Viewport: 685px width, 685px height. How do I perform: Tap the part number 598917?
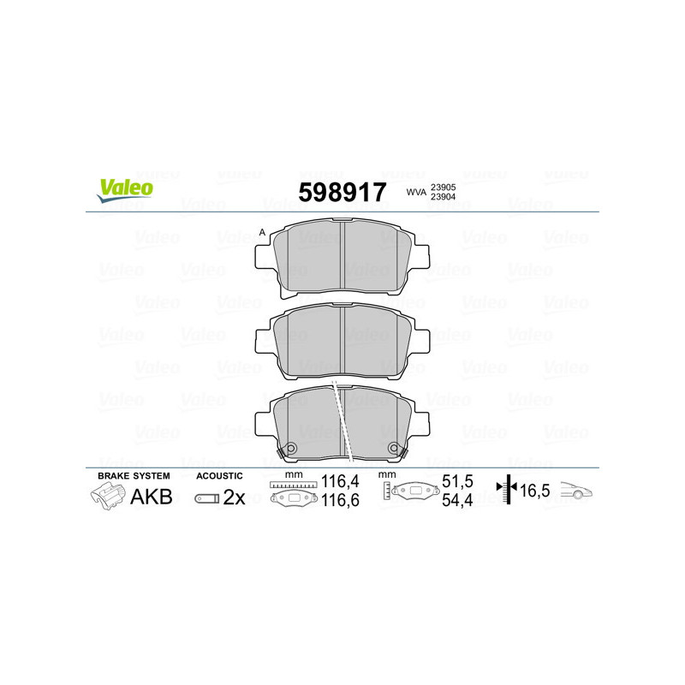coord(342,192)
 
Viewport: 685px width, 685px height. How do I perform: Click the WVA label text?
coord(416,194)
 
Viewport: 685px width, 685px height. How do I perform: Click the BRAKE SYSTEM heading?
coord(133,475)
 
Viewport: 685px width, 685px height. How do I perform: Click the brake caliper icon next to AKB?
coord(107,497)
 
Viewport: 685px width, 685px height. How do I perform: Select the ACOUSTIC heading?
coord(219,475)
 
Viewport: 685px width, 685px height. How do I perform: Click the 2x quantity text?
coord(234,497)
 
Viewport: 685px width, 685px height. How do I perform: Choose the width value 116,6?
coord(339,501)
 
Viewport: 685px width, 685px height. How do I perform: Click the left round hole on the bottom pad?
coord(290,449)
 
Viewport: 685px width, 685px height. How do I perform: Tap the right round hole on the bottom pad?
coord(394,449)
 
